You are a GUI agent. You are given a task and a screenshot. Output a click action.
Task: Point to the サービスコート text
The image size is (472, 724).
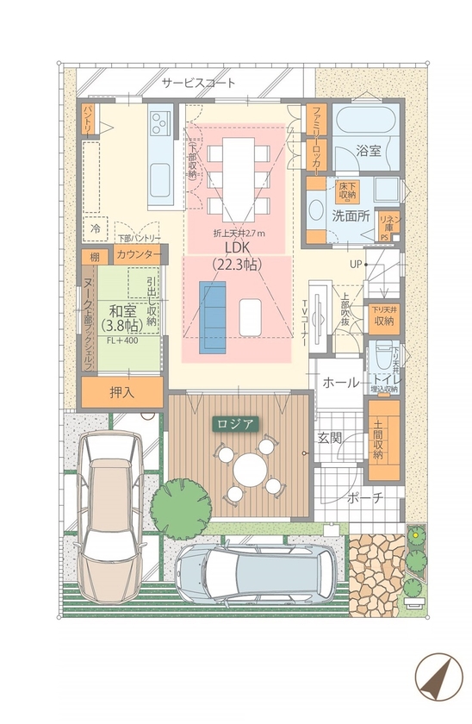click(199, 84)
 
